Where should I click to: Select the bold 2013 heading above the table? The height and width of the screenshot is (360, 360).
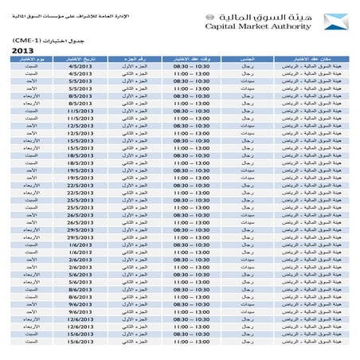click(23, 51)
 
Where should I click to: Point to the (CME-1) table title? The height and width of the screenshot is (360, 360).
click(32, 39)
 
